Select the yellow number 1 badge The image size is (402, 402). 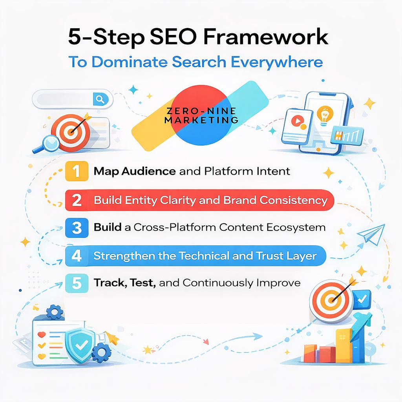77,172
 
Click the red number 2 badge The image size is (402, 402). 77,200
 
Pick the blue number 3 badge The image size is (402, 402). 77,228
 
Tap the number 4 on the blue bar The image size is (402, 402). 77,256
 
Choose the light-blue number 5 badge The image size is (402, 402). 77,283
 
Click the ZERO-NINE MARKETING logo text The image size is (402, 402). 201,114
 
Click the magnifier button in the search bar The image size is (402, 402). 100,99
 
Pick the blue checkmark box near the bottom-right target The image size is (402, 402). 362,299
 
